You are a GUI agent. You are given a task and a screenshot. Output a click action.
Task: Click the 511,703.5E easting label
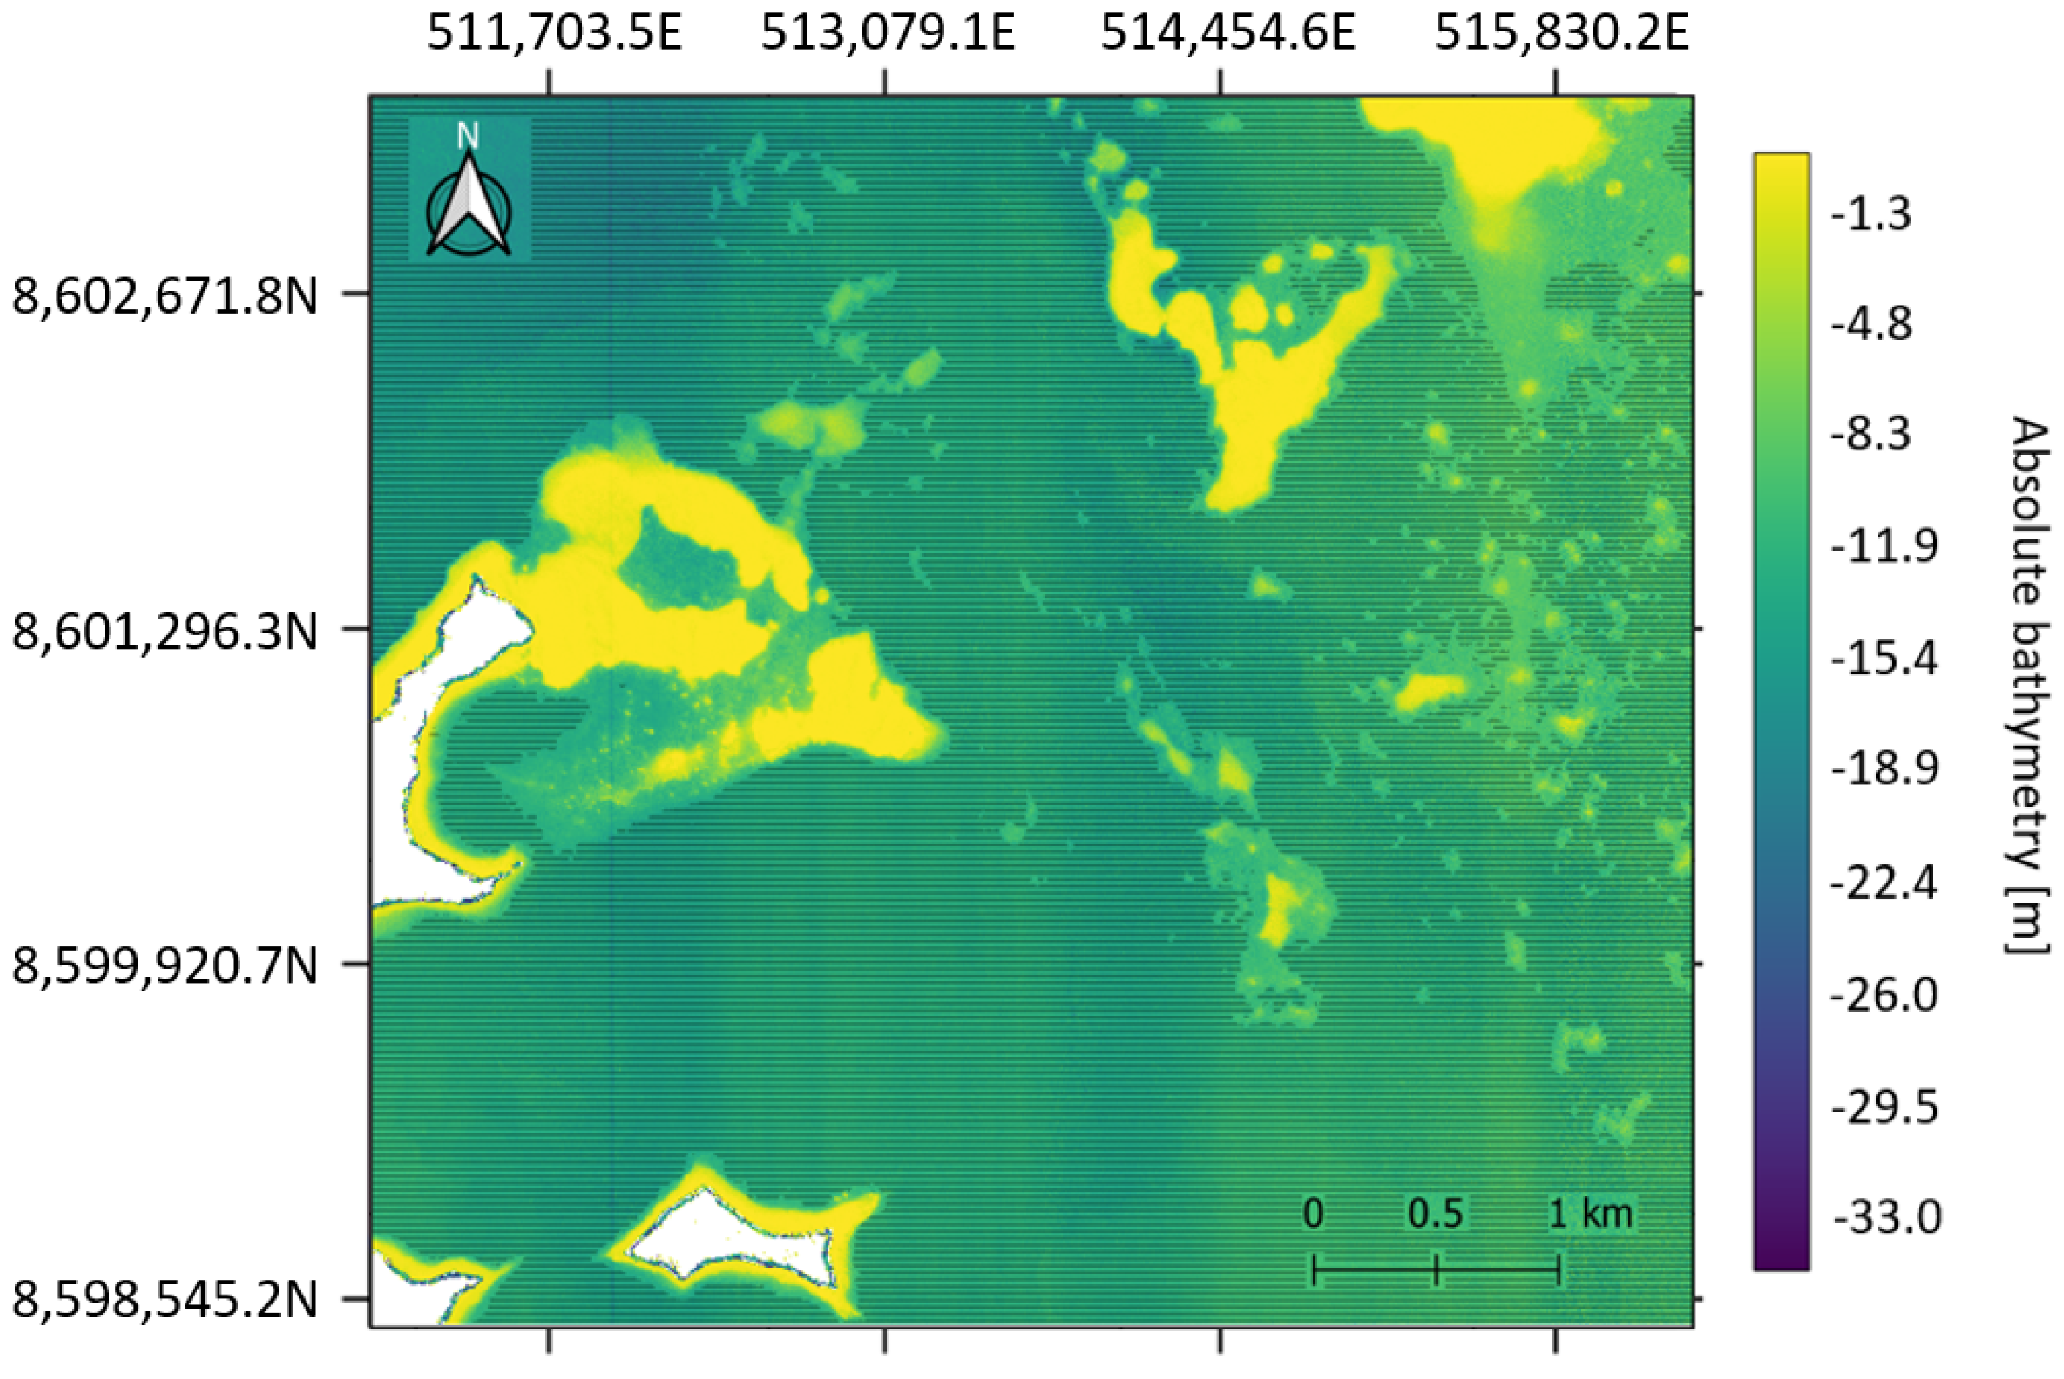pos(554,35)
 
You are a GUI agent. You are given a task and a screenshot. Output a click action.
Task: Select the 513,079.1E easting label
pos(887,35)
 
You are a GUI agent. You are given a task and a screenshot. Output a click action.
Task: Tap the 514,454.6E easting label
pos(1228,35)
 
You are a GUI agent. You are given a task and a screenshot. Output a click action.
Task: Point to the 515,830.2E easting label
pos(1561,35)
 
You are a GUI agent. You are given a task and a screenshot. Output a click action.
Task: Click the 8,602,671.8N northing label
pos(164,297)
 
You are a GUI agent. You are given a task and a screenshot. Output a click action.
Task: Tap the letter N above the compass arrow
pos(468,137)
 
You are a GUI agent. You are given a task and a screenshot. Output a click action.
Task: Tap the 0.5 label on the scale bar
pos(1435,1215)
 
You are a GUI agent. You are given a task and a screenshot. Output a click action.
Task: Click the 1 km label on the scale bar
pos(1590,1215)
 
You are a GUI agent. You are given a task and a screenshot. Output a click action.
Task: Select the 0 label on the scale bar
pos(1313,1215)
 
